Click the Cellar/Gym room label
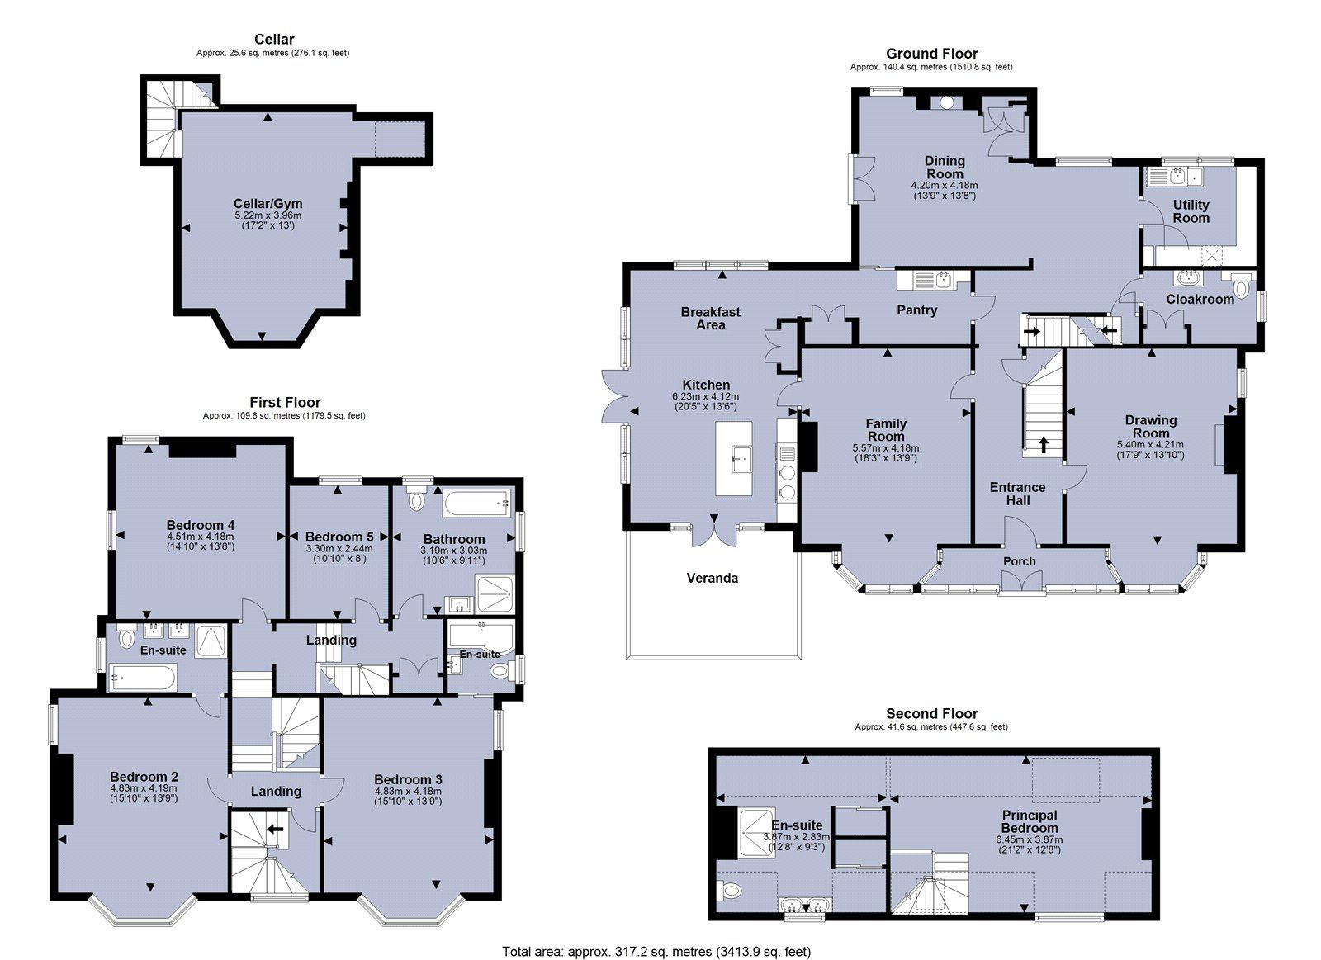point(268,204)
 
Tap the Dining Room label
point(945,168)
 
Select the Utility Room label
point(1191,211)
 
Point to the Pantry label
point(916,310)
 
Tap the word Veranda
point(712,578)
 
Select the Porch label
point(1019,561)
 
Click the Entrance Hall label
point(1017,494)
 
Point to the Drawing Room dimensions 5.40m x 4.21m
point(1150,445)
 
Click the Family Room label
point(886,430)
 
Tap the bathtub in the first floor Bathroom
point(478,503)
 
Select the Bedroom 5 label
point(339,537)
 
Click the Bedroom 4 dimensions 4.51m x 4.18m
point(200,537)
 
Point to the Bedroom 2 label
point(144,777)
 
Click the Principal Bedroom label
point(1029,821)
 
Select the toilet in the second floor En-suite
point(729,889)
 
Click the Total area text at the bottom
point(656,934)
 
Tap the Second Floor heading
point(932,713)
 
